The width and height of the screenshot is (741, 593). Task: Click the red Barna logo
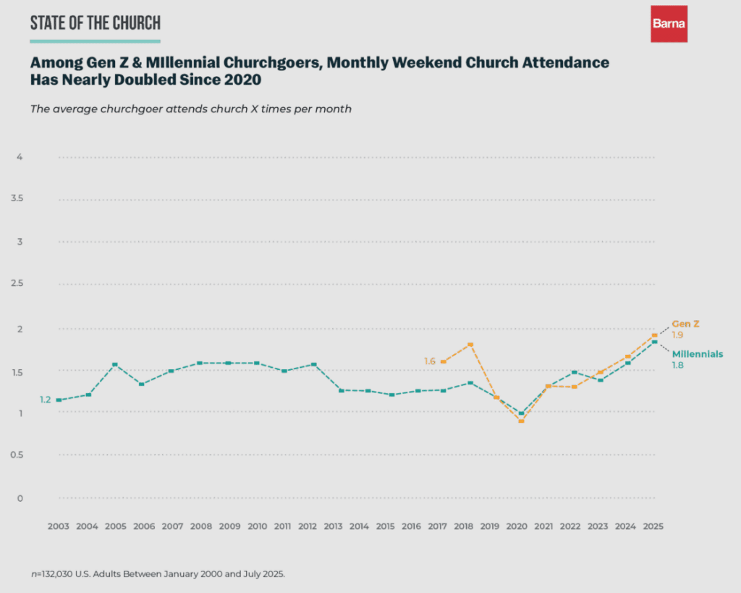669,24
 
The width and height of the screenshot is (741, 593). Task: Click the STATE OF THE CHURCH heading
95,22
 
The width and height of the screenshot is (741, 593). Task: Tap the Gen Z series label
686,324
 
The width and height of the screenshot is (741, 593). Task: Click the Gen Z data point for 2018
471,345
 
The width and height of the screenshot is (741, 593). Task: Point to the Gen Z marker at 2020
521,421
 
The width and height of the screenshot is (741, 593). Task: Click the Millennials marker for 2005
115,364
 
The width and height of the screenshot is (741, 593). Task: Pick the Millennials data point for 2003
59,400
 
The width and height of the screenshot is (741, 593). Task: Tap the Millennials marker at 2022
574,372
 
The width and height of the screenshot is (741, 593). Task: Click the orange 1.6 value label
430,361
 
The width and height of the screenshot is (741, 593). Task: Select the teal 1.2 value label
45,400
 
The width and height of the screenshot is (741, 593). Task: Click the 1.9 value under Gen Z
677,335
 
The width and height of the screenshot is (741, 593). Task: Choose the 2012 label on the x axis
308,526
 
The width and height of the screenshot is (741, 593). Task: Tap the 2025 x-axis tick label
653,526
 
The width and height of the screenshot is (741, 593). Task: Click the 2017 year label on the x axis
436,526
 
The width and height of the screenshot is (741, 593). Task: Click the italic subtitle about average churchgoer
190,109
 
